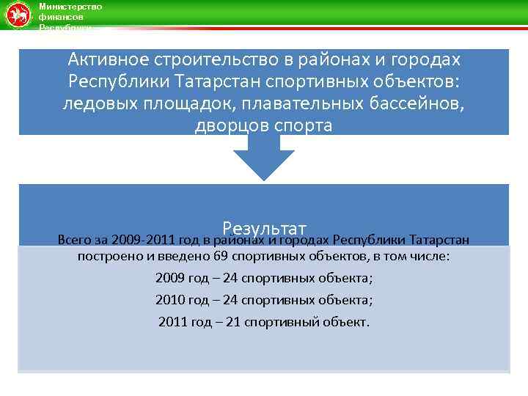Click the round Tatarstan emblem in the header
pyautogui.click(x=17, y=15)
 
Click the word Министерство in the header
pyautogui.click(x=70, y=7)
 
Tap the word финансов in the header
pyautogui.click(x=61, y=16)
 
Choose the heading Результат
pyautogui.click(x=264, y=227)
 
